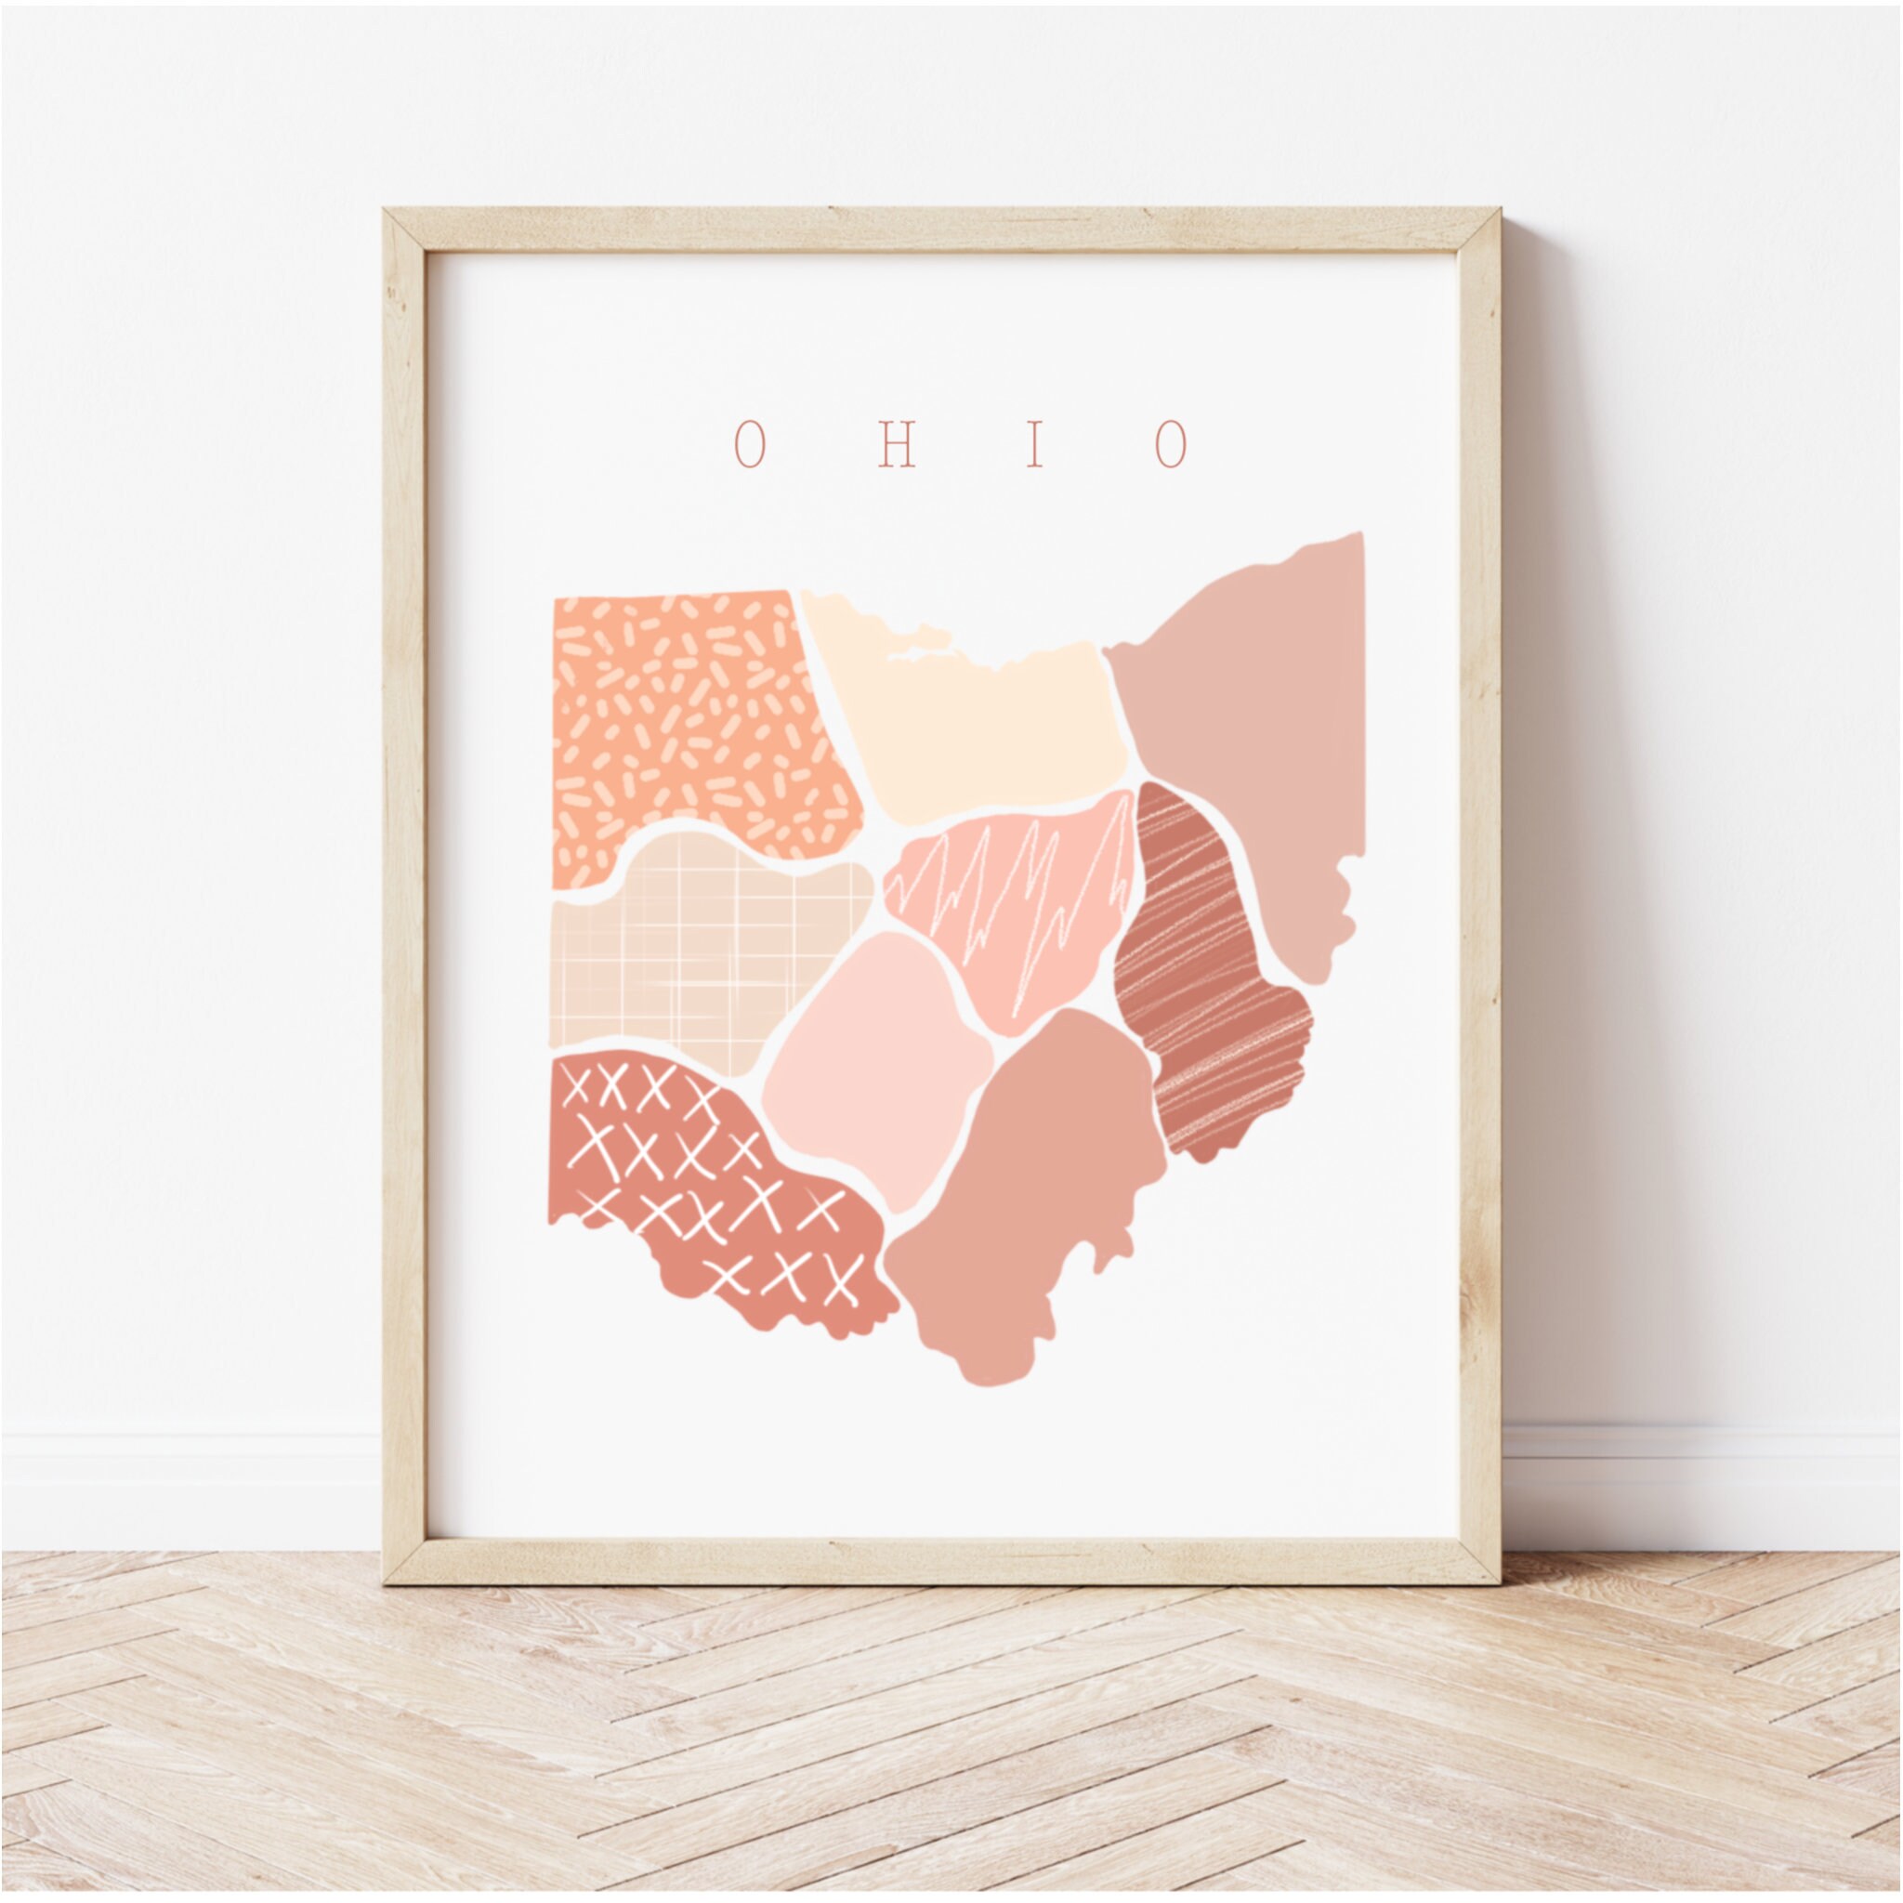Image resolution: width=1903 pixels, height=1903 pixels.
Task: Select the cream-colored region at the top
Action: pyautogui.click(x=975, y=728)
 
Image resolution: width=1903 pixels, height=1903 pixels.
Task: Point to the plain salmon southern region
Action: pyautogui.click(x=1024, y=1201)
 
